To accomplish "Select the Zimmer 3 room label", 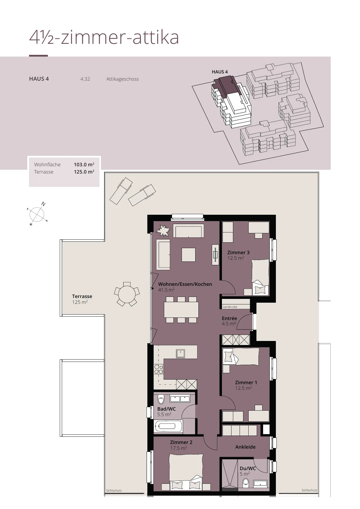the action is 238,252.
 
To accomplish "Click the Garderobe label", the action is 230,307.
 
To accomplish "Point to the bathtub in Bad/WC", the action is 168,426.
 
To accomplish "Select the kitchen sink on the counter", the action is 180,353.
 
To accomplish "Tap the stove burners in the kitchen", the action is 159,369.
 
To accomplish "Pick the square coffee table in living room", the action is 189,255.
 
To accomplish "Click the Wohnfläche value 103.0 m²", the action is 84,165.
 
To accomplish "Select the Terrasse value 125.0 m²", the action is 84,172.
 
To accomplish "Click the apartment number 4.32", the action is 85,79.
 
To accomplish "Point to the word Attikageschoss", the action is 122,79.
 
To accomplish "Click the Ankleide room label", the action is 245,447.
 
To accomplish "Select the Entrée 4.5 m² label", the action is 229,321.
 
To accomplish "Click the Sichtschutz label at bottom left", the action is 114,490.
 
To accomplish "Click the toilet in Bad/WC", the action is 161,399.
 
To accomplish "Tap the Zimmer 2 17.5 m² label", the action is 181,445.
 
